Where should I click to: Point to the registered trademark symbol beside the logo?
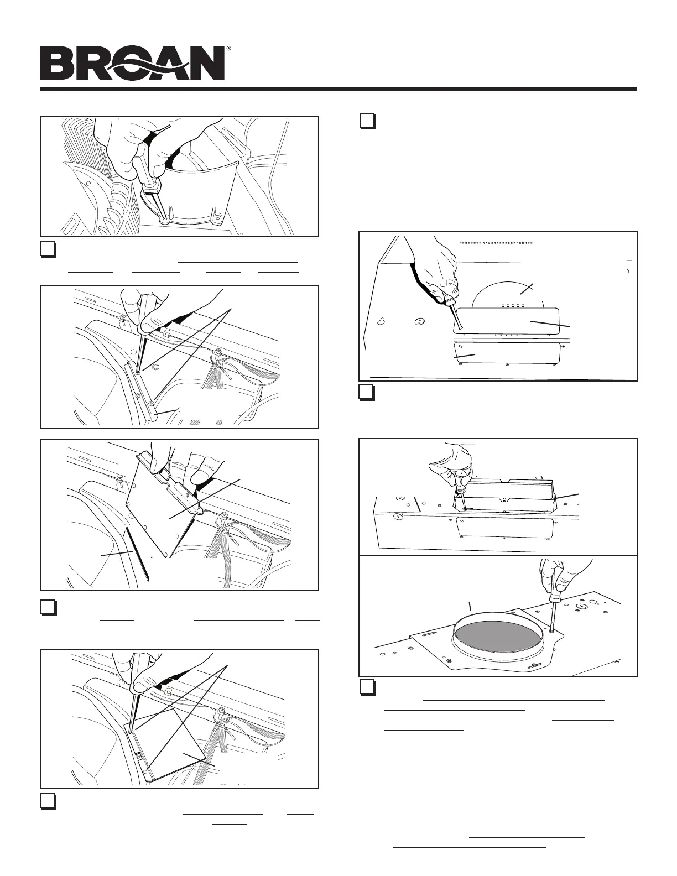[x=228, y=48]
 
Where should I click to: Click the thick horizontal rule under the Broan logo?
[x=338, y=89]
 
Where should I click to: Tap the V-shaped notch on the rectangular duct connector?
[x=504, y=500]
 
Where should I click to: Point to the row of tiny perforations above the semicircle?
[x=496, y=243]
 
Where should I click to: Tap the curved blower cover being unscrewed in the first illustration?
[x=194, y=194]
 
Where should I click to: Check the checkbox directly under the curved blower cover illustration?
[x=48, y=249]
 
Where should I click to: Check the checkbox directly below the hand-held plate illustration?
[x=48, y=608]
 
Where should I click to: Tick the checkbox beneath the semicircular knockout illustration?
[x=367, y=393]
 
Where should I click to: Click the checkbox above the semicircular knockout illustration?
[x=367, y=121]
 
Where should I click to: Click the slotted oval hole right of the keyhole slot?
[x=419, y=322]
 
